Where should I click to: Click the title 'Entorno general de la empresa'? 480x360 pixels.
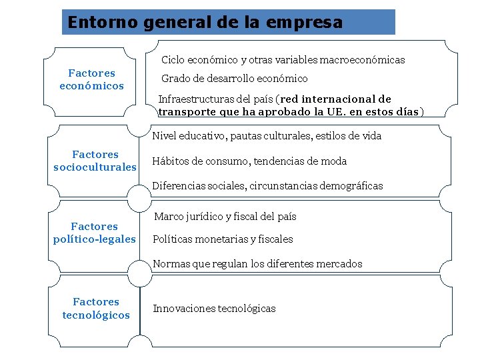pos(205,23)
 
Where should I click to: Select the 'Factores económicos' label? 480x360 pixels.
pos(92,79)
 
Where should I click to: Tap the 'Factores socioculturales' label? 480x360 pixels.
pos(95,161)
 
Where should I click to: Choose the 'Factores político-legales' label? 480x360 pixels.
pos(94,233)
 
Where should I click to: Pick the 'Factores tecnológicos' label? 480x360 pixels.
pos(96,309)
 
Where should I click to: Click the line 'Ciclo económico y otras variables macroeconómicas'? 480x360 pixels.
pos(283,60)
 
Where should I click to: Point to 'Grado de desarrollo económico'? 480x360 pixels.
pos(235,79)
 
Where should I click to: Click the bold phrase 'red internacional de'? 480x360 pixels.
pos(337,99)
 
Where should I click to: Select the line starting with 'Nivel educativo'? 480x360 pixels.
pos(267,136)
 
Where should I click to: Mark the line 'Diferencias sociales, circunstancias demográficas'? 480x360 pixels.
pos(267,186)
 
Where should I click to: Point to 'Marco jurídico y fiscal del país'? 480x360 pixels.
pos(225,217)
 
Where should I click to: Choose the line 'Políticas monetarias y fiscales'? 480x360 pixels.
pos(223,239)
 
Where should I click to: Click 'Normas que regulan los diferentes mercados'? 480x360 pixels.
pos(257,264)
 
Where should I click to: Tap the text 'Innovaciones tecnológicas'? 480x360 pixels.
pos(214,308)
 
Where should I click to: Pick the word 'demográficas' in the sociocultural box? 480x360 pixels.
pos(352,186)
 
